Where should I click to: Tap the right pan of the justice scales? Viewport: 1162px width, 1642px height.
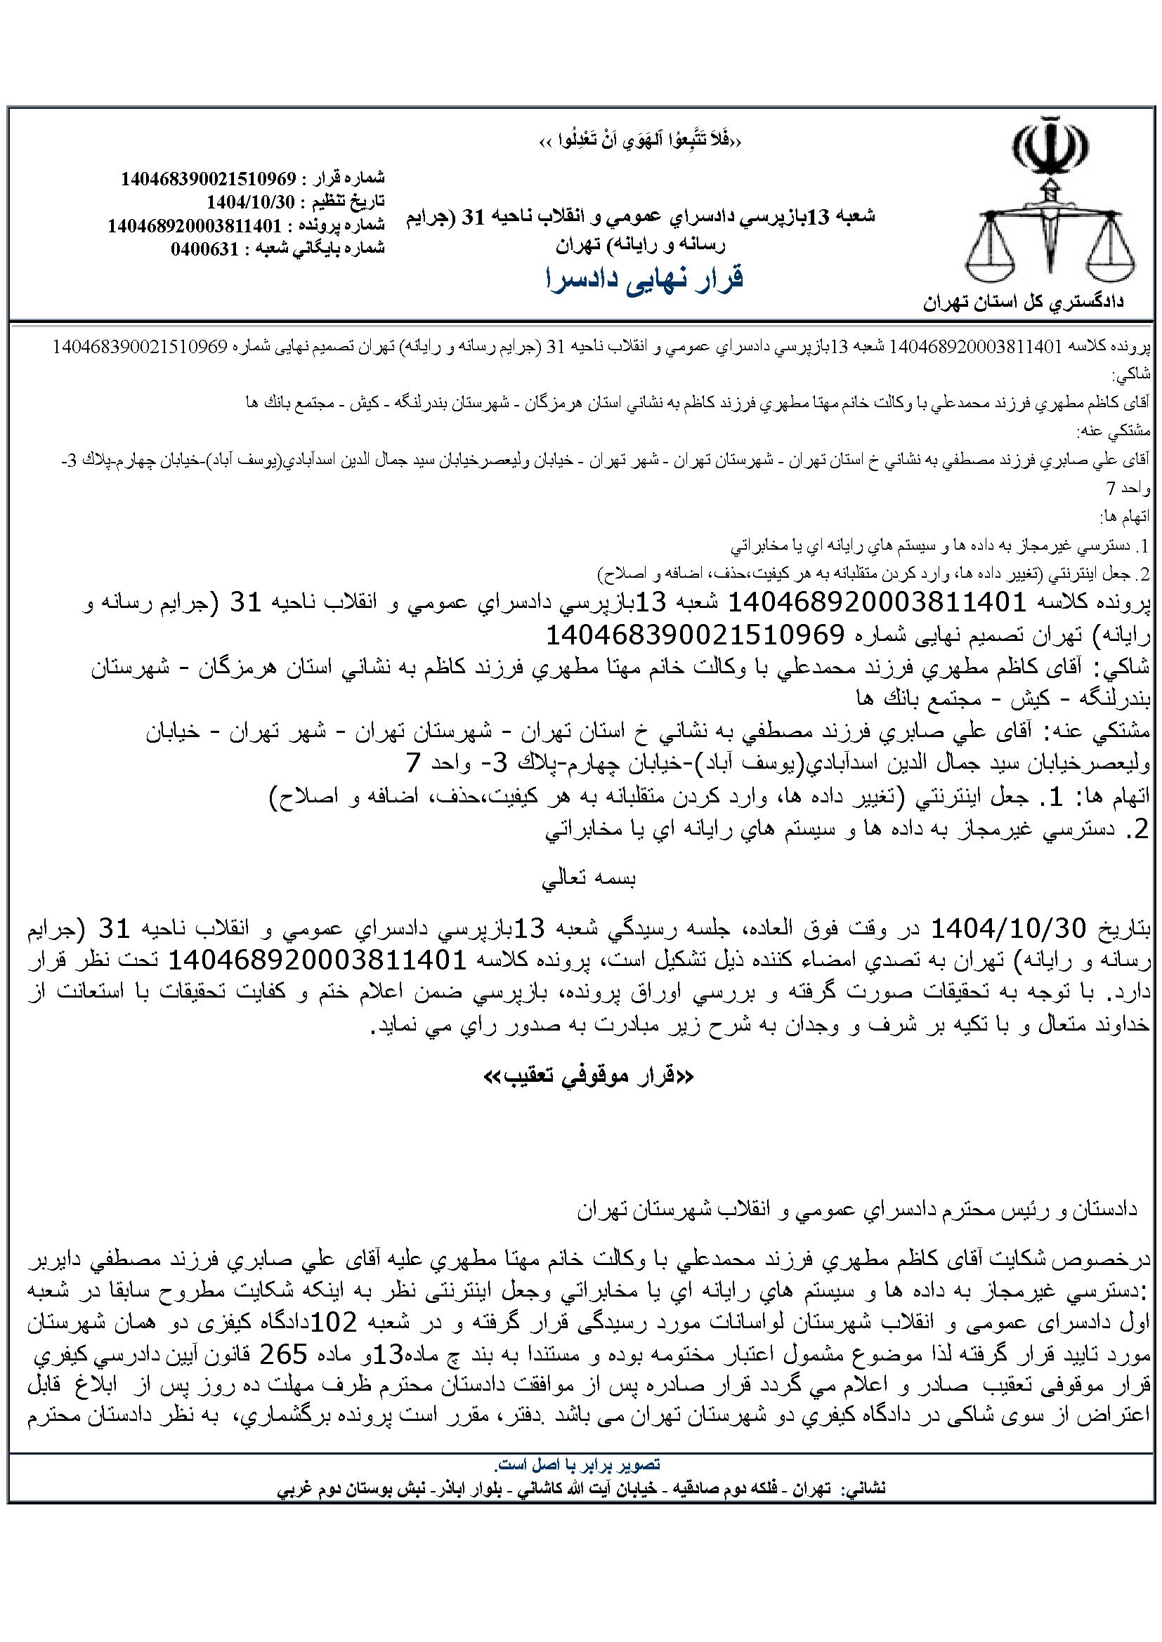(1111, 262)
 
